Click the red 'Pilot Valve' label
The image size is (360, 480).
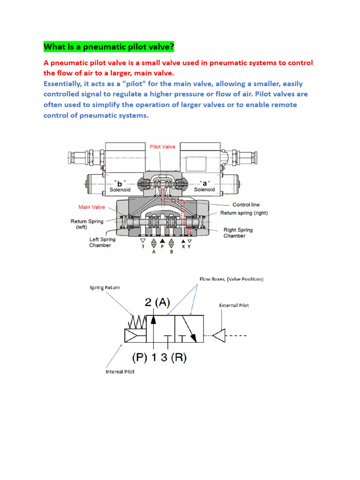163,147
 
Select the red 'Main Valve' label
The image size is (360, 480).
92,207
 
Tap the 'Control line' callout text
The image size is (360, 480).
246,205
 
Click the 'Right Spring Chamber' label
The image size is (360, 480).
238,233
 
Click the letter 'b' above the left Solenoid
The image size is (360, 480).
120,183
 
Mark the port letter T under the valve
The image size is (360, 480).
143,246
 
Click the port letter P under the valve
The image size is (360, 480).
162,246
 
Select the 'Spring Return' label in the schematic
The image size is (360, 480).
105,287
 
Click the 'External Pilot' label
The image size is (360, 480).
234,305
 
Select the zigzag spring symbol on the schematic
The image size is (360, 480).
136,322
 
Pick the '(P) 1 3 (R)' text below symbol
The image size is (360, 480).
159,358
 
